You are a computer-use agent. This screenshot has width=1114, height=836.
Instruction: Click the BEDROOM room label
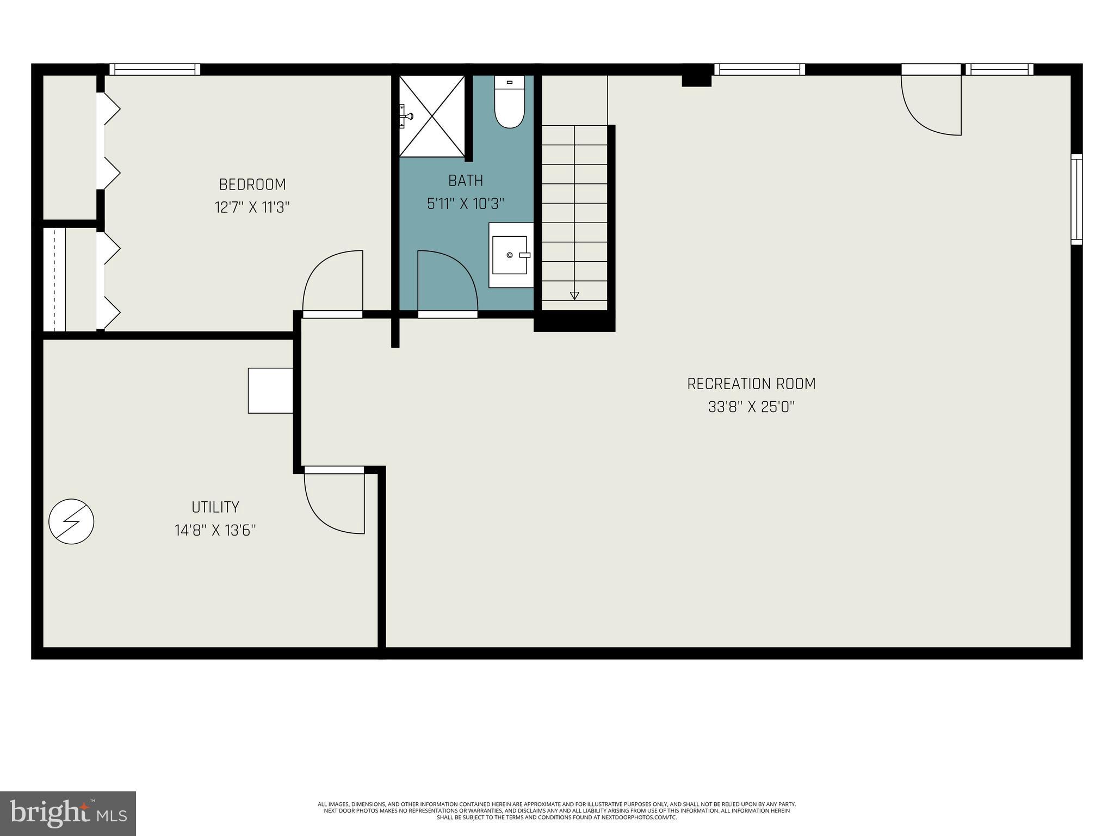[252, 185]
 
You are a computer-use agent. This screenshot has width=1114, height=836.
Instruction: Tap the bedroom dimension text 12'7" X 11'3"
[252, 207]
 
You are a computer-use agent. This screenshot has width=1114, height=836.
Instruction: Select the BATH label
[466, 180]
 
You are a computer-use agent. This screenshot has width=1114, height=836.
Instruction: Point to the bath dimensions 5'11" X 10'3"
[466, 204]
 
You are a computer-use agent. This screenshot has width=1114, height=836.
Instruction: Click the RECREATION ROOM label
[751, 384]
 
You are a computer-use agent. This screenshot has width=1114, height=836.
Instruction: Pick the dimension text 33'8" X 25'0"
[751, 407]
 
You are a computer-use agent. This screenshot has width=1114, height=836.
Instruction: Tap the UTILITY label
[215, 507]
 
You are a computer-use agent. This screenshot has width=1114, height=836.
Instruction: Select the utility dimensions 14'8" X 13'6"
[215, 530]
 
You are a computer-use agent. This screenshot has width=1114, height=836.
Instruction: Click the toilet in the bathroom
[510, 103]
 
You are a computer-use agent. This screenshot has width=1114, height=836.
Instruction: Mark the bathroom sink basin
[510, 255]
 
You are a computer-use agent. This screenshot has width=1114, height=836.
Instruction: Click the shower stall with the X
[432, 116]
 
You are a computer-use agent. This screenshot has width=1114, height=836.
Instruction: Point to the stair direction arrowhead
[574, 296]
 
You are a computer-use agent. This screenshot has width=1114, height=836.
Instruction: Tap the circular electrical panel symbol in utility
[71, 521]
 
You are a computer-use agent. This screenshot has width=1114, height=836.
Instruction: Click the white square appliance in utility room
[270, 390]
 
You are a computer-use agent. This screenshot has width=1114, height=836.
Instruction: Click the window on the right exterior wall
[1076, 199]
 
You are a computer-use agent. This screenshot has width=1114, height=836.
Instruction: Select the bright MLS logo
[68, 813]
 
